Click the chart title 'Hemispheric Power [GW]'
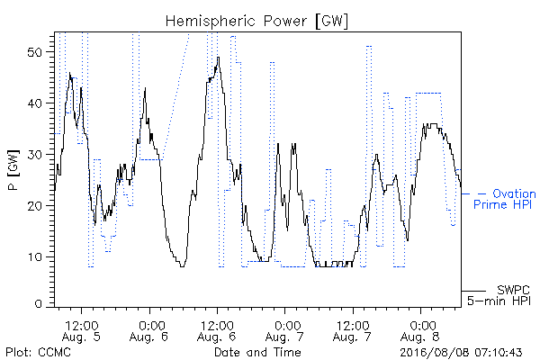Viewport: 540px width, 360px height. click(x=256, y=22)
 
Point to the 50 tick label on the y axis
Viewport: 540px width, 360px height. click(x=34, y=52)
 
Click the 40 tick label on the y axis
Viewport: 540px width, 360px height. click(x=34, y=103)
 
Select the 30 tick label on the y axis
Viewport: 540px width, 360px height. click(x=34, y=155)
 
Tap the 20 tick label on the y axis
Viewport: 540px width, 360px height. click(x=34, y=206)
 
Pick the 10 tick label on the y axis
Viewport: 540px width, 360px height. click(x=34, y=257)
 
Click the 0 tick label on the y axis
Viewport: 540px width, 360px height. click(x=38, y=304)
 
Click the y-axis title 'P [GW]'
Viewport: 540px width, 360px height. click(x=13, y=170)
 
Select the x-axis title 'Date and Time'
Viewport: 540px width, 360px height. click(x=257, y=353)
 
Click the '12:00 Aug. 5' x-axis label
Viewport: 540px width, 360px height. click(x=81, y=331)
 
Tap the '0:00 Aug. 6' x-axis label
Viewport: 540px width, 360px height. click(x=148, y=331)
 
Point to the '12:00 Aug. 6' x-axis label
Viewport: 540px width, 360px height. click(x=217, y=331)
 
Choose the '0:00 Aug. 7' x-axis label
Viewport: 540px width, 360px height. click(x=284, y=331)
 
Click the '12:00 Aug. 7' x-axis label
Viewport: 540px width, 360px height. click(x=352, y=331)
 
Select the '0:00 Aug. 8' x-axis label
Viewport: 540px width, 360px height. click(x=420, y=331)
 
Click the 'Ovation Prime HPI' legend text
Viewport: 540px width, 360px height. click(x=505, y=199)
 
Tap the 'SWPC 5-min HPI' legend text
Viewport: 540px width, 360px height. click(x=499, y=295)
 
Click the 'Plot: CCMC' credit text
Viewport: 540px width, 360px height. click(x=38, y=353)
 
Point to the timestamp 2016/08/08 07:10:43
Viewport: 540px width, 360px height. click(x=461, y=353)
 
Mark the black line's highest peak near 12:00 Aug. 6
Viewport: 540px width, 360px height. click(x=218, y=58)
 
